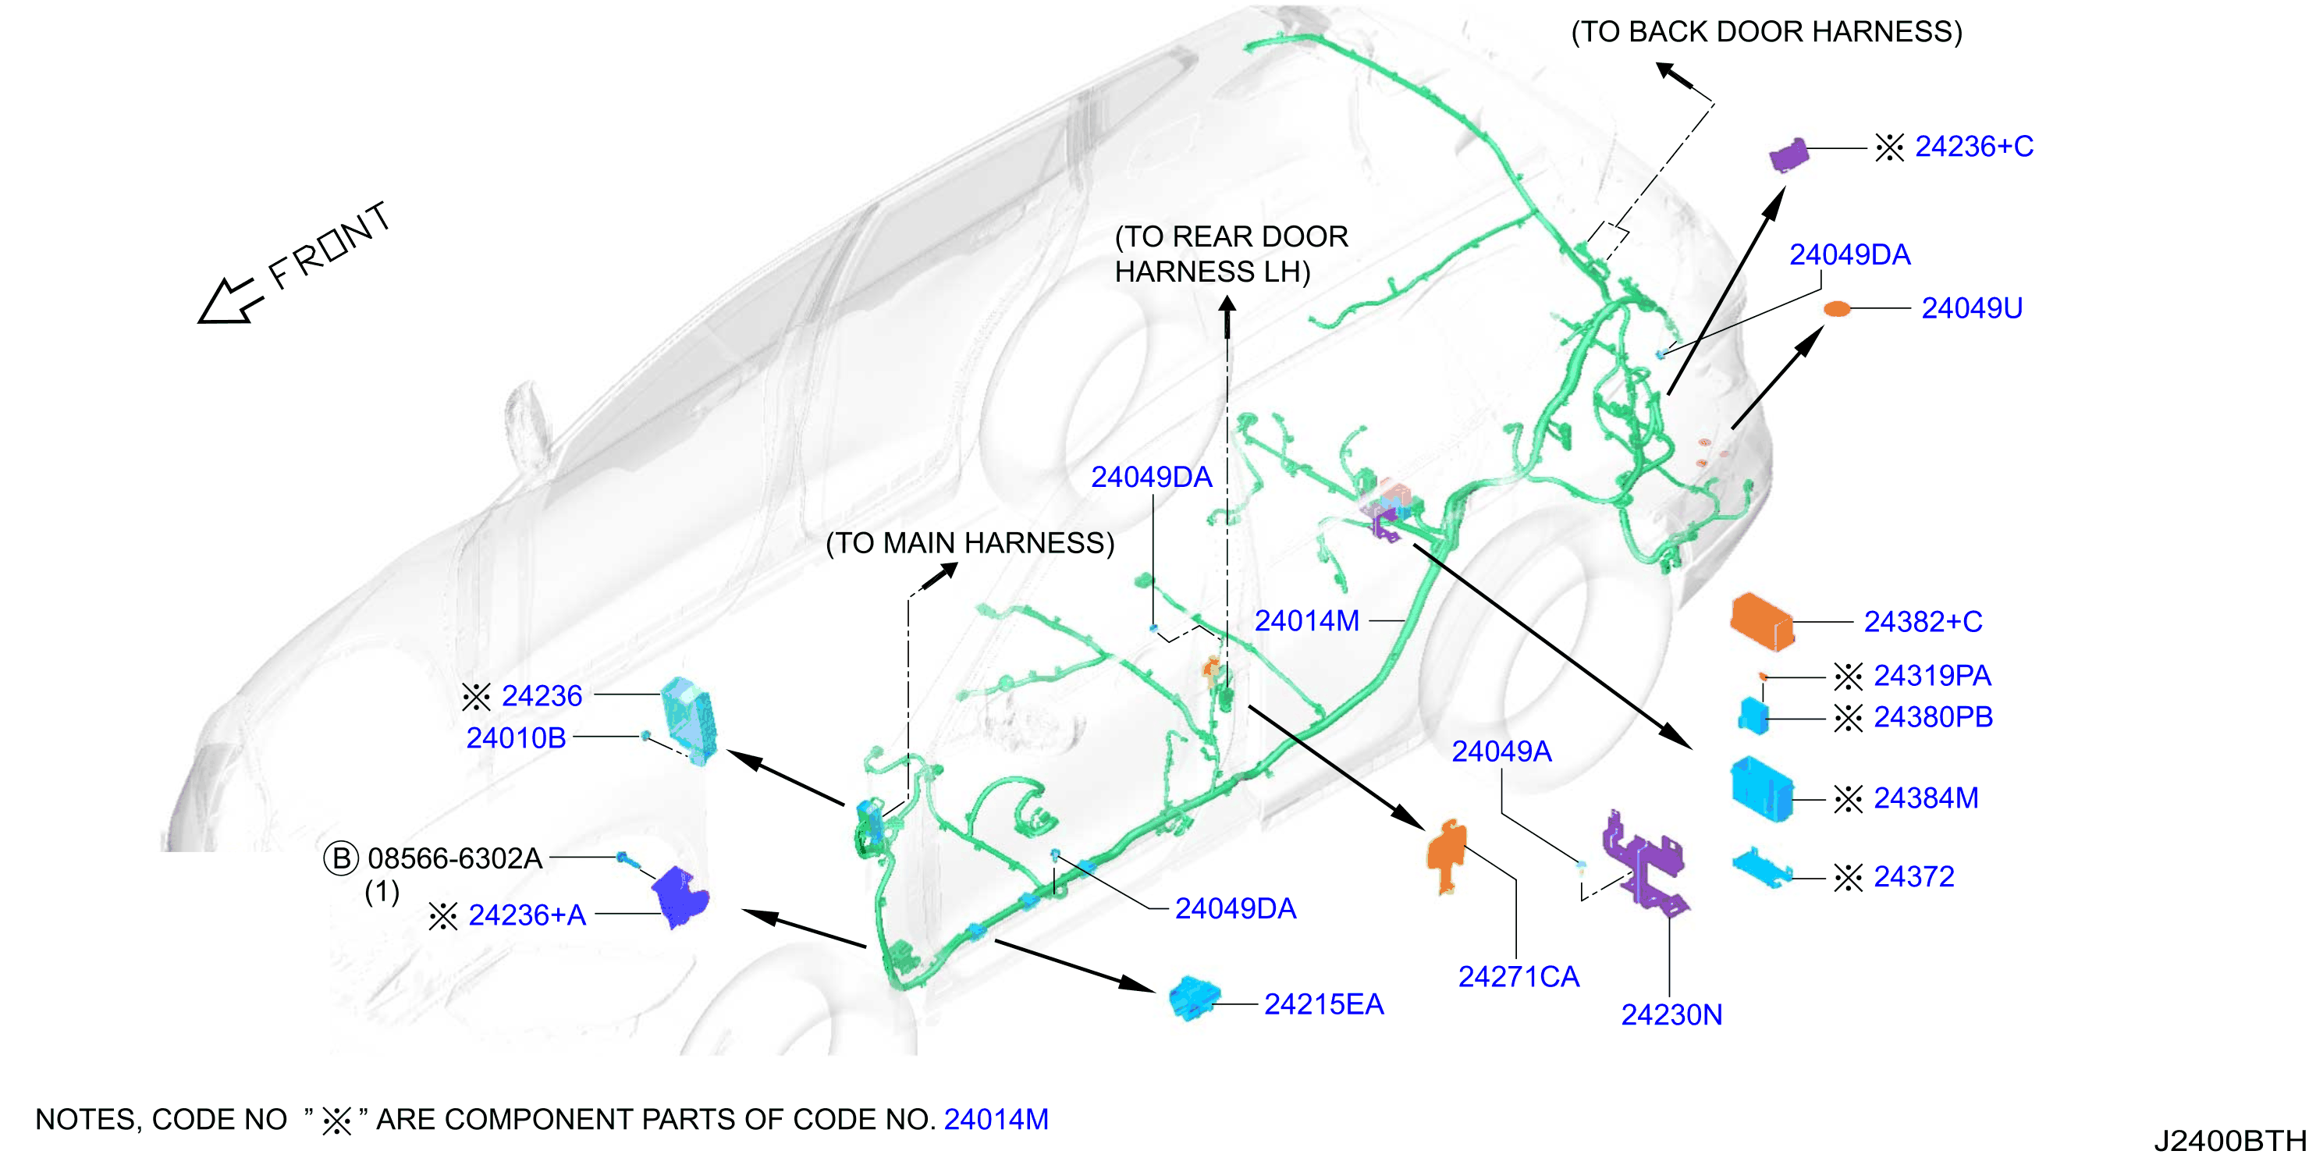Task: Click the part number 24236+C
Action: click(1973, 147)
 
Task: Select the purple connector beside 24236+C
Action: click(1789, 155)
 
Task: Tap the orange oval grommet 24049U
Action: click(1837, 309)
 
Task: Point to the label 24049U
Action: click(1972, 308)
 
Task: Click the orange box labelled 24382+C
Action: click(1761, 620)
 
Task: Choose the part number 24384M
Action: click(1926, 798)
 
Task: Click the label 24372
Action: click(1913, 876)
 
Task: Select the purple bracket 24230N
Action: click(1643, 861)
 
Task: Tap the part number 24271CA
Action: click(1519, 976)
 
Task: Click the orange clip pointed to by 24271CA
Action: click(1447, 856)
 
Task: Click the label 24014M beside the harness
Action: click(1306, 620)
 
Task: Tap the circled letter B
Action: click(341, 858)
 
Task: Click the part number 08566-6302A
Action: click(455, 858)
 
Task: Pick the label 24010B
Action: click(516, 738)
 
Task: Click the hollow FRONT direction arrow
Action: click(231, 301)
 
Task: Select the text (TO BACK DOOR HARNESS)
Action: click(1767, 32)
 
